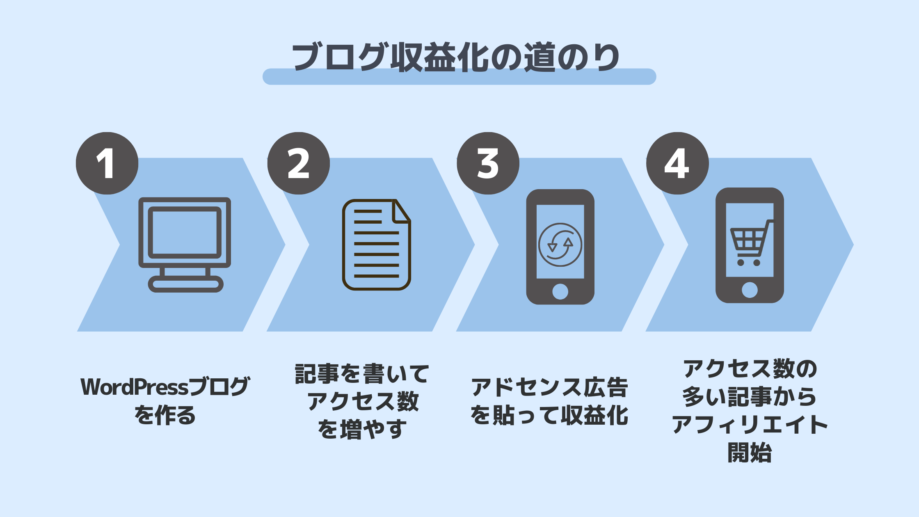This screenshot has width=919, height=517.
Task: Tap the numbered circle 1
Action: (x=107, y=163)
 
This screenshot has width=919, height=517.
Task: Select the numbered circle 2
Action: (x=299, y=163)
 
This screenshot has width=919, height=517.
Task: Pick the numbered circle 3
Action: (x=488, y=163)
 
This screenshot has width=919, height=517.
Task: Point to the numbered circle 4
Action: (x=677, y=163)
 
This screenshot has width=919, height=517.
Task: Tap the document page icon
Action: (x=376, y=245)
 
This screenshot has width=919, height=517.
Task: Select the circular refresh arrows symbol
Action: (x=560, y=245)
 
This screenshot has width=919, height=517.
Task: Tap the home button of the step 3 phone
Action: (x=560, y=292)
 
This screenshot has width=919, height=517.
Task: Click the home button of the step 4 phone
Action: (x=750, y=290)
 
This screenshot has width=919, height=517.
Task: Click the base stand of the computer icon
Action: (x=185, y=284)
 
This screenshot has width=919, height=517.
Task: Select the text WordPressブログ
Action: (x=165, y=387)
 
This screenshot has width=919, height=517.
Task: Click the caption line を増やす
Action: (x=362, y=429)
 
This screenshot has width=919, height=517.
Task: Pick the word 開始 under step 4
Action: (x=750, y=453)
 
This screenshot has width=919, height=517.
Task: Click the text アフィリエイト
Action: (x=750, y=425)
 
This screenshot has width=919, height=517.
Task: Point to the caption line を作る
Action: (x=165, y=415)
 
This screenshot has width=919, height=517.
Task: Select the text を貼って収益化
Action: (x=549, y=415)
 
